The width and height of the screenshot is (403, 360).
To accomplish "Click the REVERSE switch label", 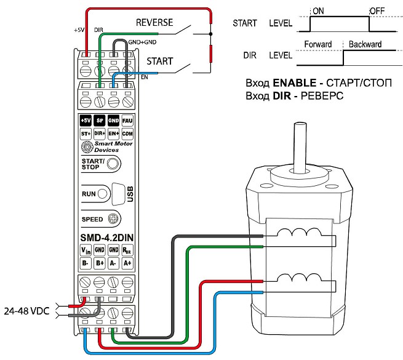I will click(x=154, y=22).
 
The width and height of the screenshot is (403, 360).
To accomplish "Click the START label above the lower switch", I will click(x=159, y=62).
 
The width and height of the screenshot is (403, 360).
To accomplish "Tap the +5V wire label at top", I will click(x=78, y=29).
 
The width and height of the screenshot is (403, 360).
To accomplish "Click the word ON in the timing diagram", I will click(x=319, y=10).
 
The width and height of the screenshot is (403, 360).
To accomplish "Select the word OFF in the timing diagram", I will click(x=377, y=10).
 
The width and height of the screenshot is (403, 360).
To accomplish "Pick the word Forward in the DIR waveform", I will click(x=317, y=44).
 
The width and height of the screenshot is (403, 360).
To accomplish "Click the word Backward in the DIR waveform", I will click(x=365, y=44).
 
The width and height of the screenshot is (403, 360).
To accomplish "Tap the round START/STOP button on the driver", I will click(x=113, y=164).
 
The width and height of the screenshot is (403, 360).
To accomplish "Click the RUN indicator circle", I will click(x=102, y=193).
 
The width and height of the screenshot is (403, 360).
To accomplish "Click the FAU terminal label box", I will click(x=127, y=121).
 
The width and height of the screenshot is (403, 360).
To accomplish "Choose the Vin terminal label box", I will click(x=86, y=250).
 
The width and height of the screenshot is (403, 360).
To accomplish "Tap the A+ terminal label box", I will click(x=127, y=263).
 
